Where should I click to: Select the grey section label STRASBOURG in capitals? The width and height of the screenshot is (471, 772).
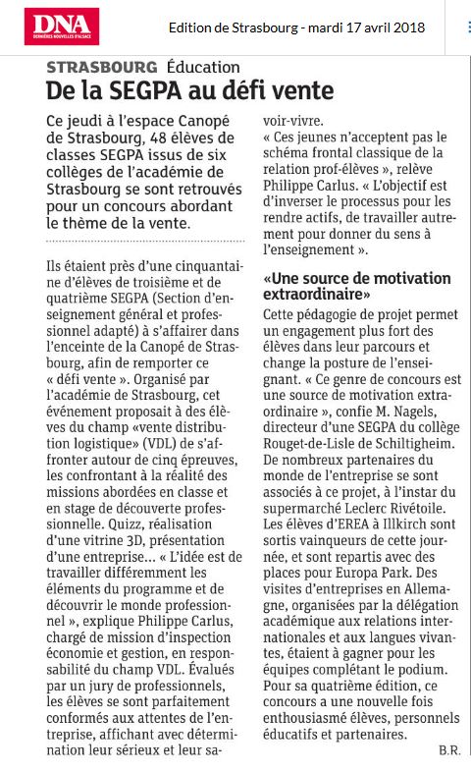click(x=102, y=67)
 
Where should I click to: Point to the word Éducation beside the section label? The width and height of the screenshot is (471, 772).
click(x=203, y=67)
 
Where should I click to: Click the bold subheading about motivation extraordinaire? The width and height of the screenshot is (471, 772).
click(x=356, y=287)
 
